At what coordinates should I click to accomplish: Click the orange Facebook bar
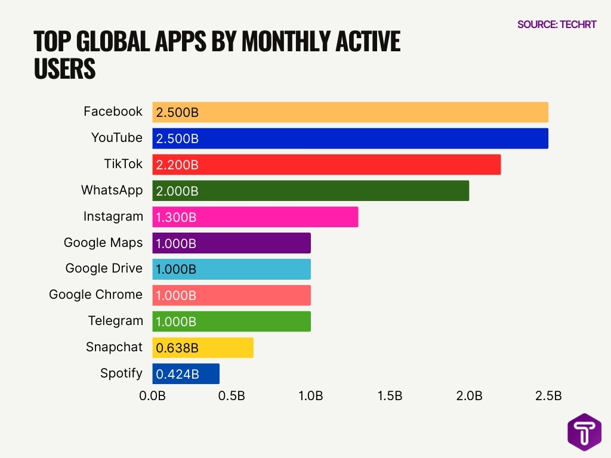(x=350, y=112)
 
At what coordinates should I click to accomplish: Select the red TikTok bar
(x=326, y=165)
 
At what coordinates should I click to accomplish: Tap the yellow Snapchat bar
(x=203, y=348)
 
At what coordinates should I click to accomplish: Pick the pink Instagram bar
(x=255, y=217)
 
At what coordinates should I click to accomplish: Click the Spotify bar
(x=186, y=374)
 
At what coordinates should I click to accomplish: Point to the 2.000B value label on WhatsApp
(x=177, y=191)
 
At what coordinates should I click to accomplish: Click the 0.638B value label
(x=177, y=348)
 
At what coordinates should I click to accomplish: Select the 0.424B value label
(x=177, y=374)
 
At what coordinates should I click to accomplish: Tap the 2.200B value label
(x=177, y=165)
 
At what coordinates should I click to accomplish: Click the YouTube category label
(x=117, y=138)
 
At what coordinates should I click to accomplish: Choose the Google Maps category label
(x=103, y=242)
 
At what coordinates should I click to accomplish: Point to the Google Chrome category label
(x=95, y=295)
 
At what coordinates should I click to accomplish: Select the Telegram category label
(x=116, y=321)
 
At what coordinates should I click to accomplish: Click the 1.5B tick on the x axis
(x=390, y=397)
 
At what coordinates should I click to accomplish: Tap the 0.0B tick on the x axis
(x=153, y=397)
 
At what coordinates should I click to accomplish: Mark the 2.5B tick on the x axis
(x=548, y=397)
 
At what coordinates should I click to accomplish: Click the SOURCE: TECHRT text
(x=557, y=24)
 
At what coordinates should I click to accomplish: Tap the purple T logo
(x=584, y=432)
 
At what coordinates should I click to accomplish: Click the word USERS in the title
(x=64, y=69)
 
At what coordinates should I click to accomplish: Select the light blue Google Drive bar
(x=232, y=269)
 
